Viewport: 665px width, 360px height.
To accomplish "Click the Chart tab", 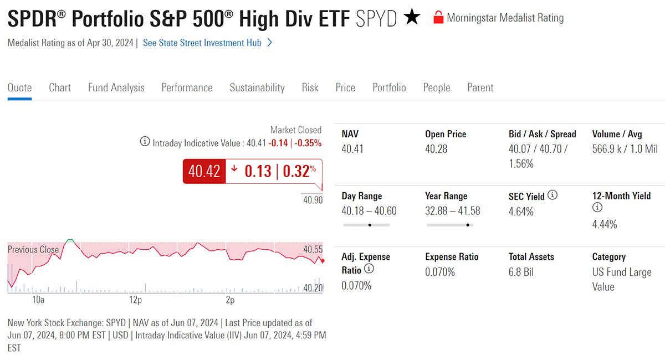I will pyautogui.click(x=60, y=88).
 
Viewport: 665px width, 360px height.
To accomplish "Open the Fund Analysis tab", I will pyautogui.click(x=116, y=88).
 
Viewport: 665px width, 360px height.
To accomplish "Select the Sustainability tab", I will pyautogui.click(x=257, y=88).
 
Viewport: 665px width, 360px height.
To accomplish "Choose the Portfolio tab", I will pyautogui.click(x=389, y=88).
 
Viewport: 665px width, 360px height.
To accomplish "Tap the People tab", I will pyautogui.click(x=437, y=88).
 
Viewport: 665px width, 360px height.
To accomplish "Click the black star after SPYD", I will pyautogui.click(x=412, y=18).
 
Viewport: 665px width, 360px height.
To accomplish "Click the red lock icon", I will pyautogui.click(x=438, y=18).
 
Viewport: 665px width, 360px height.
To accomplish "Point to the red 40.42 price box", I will pyautogui.click(x=204, y=171).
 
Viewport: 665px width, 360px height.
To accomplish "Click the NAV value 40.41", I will pyautogui.click(x=352, y=150).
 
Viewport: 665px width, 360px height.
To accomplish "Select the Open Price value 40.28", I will pyautogui.click(x=436, y=150).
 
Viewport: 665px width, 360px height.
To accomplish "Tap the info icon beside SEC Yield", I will pyautogui.click(x=553, y=196).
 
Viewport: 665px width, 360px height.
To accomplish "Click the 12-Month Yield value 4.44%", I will pyautogui.click(x=605, y=224).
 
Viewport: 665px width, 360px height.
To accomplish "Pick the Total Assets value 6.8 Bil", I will pyautogui.click(x=521, y=272).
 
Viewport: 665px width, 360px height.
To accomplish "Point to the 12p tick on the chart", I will pyautogui.click(x=135, y=300).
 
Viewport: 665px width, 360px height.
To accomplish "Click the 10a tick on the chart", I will pyautogui.click(x=38, y=300).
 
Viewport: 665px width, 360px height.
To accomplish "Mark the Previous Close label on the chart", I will pyautogui.click(x=33, y=250).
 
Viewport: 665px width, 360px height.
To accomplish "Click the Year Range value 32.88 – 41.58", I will pyautogui.click(x=453, y=212).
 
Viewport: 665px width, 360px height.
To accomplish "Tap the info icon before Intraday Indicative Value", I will pyautogui.click(x=144, y=142).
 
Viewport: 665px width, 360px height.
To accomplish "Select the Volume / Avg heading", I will pyautogui.click(x=617, y=134).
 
